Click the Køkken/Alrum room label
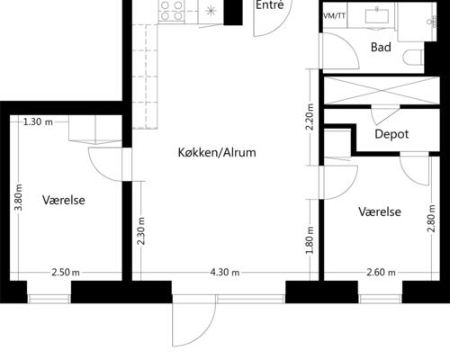click(x=217, y=153)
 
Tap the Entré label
click(x=269, y=5)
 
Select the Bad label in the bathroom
click(x=381, y=48)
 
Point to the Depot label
click(x=391, y=134)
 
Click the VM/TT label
click(x=333, y=16)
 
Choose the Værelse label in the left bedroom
click(x=63, y=200)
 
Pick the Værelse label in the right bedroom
click(x=379, y=211)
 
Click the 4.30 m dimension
click(x=225, y=272)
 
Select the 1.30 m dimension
click(x=38, y=121)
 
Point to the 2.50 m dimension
click(x=65, y=272)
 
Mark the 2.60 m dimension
click(x=381, y=272)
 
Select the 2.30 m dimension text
click(x=141, y=236)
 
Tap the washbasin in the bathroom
click(x=376, y=14)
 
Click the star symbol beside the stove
click(x=210, y=11)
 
